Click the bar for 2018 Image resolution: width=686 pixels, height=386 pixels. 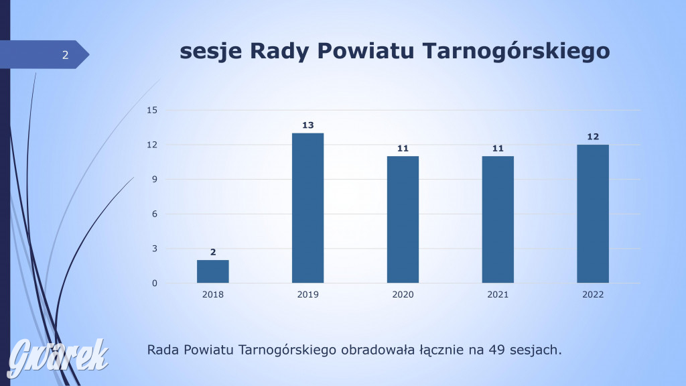[212, 271]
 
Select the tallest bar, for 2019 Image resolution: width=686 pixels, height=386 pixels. [307, 208]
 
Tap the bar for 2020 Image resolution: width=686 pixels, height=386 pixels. [403, 219]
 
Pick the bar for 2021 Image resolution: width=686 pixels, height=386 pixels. [498, 219]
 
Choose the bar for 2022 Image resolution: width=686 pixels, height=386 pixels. [593, 214]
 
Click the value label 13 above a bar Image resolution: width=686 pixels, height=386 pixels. [307, 125]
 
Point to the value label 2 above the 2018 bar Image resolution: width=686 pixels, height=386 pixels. [213, 252]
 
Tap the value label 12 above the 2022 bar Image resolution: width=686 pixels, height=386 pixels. [593, 137]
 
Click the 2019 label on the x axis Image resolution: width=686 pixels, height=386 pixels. [308, 295]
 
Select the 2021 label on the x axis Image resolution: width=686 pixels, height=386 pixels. [498, 295]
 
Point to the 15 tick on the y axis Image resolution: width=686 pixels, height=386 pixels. [151, 110]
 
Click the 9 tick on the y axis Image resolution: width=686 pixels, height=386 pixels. [153, 180]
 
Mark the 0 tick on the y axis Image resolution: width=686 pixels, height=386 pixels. [153, 283]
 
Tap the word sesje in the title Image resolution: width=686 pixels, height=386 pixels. [211, 52]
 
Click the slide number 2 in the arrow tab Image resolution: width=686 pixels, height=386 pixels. [65, 55]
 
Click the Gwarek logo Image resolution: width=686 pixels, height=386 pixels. [58, 356]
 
